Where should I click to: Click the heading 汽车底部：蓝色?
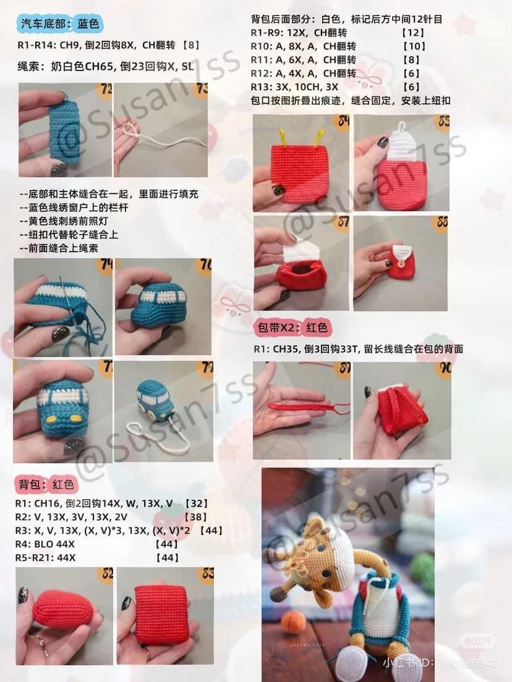click(60, 25)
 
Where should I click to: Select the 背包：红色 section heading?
click(46, 484)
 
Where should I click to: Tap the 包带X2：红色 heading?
click(292, 327)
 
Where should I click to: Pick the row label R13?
click(262, 87)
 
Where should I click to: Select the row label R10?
click(262, 46)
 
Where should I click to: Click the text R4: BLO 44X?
click(45, 544)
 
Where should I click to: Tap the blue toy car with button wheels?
click(152, 396)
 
